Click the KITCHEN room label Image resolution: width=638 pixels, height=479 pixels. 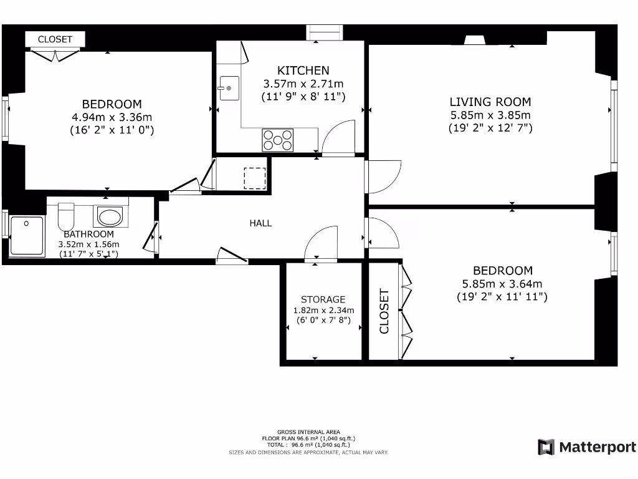tap(303, 70)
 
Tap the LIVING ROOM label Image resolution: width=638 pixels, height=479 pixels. tap(490, 102)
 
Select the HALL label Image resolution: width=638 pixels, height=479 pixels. tap(260, 223)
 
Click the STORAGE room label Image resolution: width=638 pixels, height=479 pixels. tap(323, 299)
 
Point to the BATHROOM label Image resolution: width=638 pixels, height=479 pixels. tap(88, 234)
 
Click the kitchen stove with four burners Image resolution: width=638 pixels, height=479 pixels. tap(278, 139)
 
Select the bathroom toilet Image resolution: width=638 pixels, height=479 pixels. tap(66, 216)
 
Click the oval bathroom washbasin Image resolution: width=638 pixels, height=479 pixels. tap(110, 216)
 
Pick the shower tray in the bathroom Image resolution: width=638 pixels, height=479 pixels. tap(27, 236)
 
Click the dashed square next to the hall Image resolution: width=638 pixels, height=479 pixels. tap(254, 178)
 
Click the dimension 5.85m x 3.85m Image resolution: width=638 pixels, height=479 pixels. tap(490, 115)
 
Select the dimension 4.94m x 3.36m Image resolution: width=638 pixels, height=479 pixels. tap(112, 117)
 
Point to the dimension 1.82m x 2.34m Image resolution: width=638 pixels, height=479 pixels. tap(323, 311)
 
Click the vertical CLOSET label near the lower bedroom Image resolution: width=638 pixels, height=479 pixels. tap(384, 311)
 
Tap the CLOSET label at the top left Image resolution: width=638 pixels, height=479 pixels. tap(55, 39)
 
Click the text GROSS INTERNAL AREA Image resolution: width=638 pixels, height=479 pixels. tap(308, 432)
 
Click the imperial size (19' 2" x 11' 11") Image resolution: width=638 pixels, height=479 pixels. tap(502, 297)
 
